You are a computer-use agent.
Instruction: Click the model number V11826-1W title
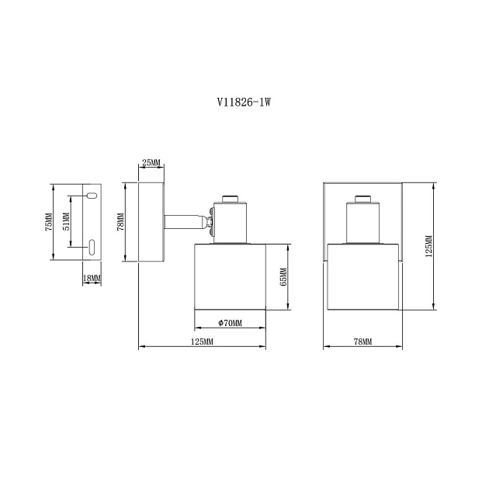click(244, 102)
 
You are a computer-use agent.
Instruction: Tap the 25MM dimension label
click(151, 162)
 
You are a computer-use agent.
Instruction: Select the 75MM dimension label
click(49, 222)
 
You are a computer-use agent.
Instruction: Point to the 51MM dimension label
click(67, 221)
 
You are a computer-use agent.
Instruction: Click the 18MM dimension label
click(92, 278)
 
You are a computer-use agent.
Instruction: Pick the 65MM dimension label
click(283, 277)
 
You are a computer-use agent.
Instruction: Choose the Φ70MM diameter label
click(231, 323)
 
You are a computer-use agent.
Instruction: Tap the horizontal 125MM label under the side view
click(202, 342)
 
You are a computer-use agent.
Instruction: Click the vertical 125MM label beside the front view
click(429, 246)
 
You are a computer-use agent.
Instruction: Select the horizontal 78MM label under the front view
click(362, 342)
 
